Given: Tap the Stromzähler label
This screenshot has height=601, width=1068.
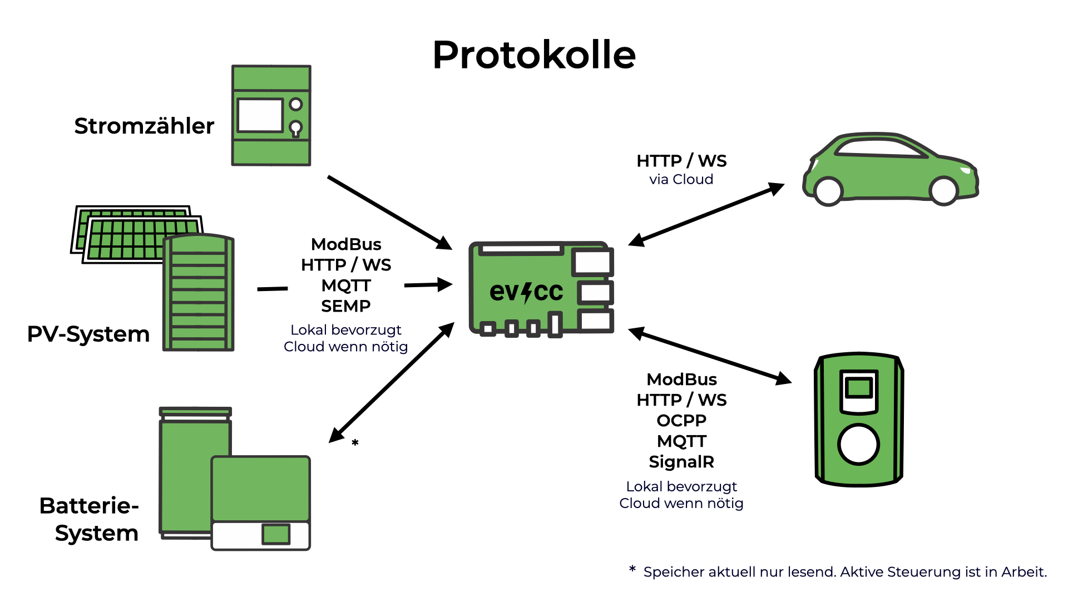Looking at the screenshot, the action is pos(144,126).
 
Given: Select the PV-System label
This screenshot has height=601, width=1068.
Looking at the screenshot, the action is pos(88,334).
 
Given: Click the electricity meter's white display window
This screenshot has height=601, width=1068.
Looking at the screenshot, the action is pos(260,115).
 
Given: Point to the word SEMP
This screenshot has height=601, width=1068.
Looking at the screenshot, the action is pos(346,306).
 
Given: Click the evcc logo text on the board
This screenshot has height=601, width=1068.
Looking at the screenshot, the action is pos(526,292).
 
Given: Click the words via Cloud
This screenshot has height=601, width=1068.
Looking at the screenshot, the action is pos(681,179).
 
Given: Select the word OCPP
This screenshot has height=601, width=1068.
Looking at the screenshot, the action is pos(681,421).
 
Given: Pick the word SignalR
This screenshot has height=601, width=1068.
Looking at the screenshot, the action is pos(681,462).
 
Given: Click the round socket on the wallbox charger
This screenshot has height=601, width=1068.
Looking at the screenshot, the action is pos(858,444).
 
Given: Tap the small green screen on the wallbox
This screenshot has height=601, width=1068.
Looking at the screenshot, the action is pos(859,387).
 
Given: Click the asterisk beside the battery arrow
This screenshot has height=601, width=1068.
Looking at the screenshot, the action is pos(355,443).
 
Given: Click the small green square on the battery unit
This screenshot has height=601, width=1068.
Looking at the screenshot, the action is pos(276,534).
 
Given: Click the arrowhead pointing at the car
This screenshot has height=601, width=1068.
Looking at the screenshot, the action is pos(776,189).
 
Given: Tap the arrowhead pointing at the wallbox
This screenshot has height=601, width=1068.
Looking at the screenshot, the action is pos(783,378).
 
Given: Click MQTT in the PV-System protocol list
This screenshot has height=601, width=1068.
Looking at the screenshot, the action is pos(346,285).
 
